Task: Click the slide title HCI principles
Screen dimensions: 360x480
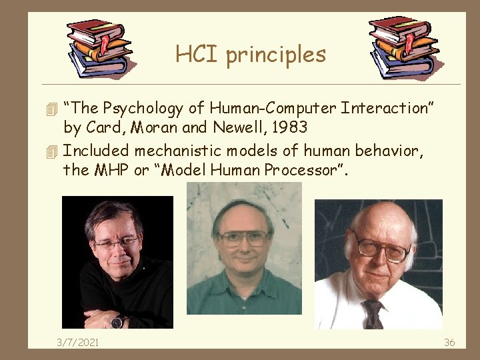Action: [251, 54]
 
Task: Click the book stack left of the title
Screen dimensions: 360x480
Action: [100, 47]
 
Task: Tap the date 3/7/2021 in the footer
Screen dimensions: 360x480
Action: [77, 342]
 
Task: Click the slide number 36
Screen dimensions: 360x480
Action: [449, 342]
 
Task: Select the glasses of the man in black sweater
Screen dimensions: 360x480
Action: [117, 243]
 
